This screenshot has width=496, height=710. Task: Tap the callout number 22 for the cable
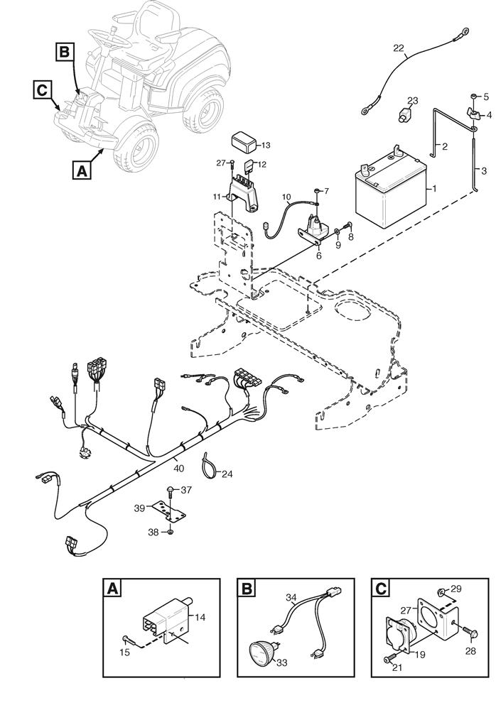[399, 48]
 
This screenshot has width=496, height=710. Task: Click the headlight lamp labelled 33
[262, 651]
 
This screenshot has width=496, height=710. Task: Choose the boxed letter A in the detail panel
[112, 589]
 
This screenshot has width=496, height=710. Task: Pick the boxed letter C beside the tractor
[41, 89]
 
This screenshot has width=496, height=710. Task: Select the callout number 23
[414, 100]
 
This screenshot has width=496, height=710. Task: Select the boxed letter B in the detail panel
[245, 589]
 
